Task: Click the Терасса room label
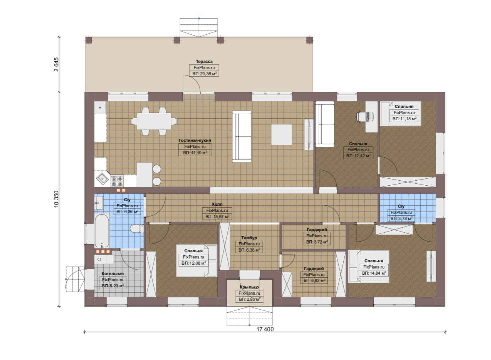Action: click(204, 61)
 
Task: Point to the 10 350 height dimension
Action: click(56, 199)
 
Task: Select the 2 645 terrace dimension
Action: click(56, 64)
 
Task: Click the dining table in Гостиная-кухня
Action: click(154, 121)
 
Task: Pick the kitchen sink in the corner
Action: click(103, 179)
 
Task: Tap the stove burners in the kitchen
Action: click(117, 181)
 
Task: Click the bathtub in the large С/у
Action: click(102, 231)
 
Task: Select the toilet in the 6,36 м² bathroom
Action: click(136, 229)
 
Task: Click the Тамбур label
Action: click(249, 238)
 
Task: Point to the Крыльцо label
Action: click(249, 287)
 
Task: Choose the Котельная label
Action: click(113, 274)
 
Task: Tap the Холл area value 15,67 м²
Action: click(217, 217)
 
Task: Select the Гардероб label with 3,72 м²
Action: click(317, 230)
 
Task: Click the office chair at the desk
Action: click(361, 116)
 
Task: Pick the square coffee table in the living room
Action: click(281, 135)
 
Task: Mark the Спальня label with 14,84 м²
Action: click(374, 261)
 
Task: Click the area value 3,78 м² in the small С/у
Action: click(401, 219)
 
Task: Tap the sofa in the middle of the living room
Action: click(242, 136)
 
